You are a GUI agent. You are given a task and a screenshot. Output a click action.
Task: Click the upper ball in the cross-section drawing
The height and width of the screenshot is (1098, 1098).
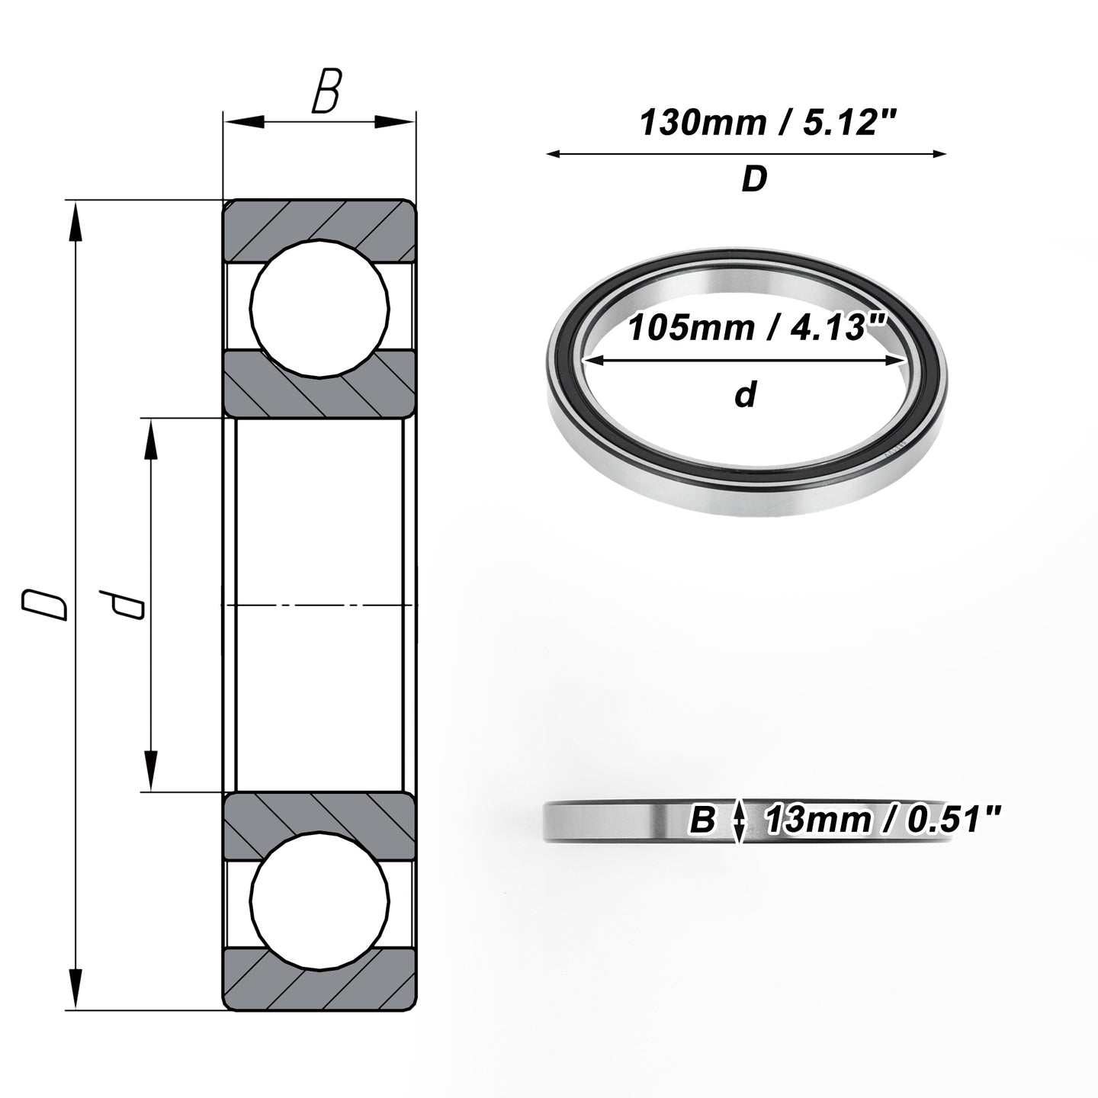click(x=319, y=308)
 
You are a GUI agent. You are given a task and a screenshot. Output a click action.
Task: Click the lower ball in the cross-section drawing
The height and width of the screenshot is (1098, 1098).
click(x=319, y=901)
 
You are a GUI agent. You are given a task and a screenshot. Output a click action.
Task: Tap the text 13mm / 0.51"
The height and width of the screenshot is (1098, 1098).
click(x=881, y=820)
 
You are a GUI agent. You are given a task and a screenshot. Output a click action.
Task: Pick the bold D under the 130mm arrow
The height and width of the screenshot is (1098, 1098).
click(x=754, y=179)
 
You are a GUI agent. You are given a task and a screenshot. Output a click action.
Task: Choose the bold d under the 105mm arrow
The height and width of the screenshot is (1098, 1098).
click(x=746, y=394)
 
